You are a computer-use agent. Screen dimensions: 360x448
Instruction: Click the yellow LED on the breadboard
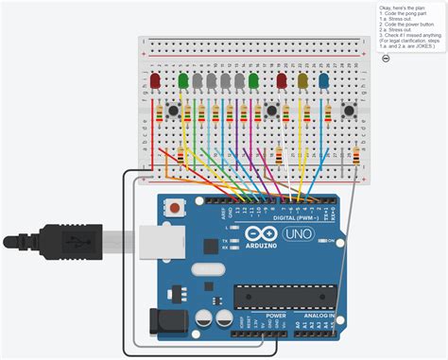(x=302, y=81)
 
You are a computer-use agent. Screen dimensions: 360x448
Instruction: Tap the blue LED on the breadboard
(x=324, y=81)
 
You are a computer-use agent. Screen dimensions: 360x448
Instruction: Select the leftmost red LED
(x=155, y=82)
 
